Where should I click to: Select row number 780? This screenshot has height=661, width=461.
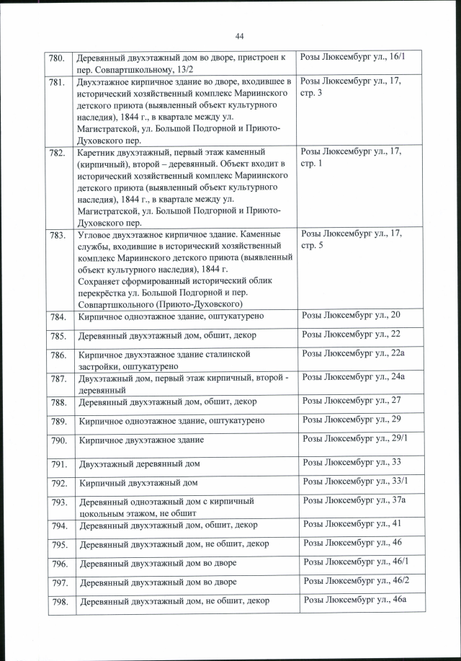tap(57, 57)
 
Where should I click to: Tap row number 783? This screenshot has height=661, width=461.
tap(58, 236)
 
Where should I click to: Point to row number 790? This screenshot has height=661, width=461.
tap(59, 440)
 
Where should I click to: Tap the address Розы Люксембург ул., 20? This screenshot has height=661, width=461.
tap(351, 316)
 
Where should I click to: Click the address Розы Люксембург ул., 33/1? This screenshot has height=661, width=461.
tap(356, 481)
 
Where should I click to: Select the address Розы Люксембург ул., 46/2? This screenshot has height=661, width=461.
tap(356, 580)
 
